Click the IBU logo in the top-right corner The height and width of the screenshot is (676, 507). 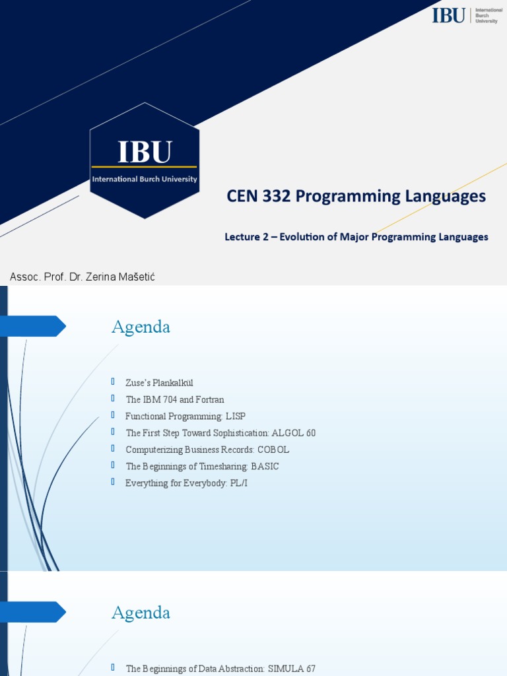(x=466, y=15)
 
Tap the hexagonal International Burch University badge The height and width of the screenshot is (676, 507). (x=144, y=160)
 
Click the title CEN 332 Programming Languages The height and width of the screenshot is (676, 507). (x=356, y=196)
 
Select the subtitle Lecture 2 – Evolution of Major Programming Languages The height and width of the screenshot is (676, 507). (x=356, y=236)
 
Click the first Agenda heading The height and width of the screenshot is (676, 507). (x=141, y=327)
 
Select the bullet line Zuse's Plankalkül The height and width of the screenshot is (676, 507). (x=159, y=383)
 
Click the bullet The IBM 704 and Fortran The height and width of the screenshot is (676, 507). (x=175, y=399)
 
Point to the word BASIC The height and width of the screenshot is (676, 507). (x=265, y=466)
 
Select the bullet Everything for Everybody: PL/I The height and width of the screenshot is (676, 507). (x=186, y=483)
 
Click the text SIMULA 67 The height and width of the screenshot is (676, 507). (x=291, y=669)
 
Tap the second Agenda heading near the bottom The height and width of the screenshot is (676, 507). (x=141, y=613)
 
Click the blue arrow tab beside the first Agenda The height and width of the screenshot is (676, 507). (x=33, y=326)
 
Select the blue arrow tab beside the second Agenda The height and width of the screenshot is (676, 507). (x=33, y=612)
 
